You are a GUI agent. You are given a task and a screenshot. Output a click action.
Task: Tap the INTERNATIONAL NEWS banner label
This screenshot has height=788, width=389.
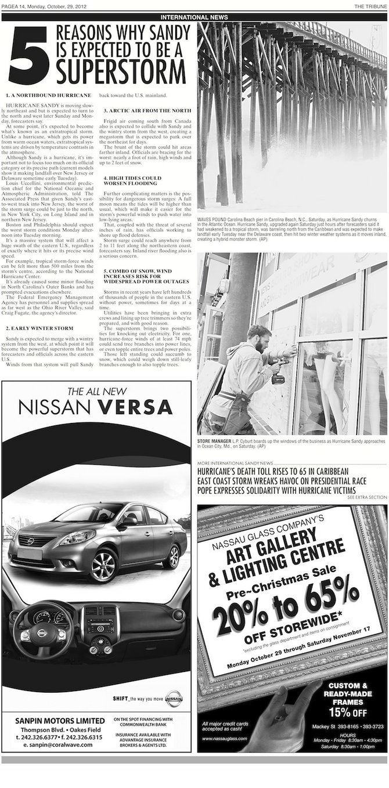click(x=194, y=17)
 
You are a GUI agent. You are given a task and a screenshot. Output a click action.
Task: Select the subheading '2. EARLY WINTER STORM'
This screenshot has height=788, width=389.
click(x=39, y=328)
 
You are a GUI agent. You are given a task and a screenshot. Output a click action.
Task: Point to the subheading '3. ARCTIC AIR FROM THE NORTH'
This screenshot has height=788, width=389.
click(x=147, y=110)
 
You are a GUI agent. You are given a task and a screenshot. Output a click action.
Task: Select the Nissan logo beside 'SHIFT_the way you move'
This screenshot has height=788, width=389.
click(x=173, y=699)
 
